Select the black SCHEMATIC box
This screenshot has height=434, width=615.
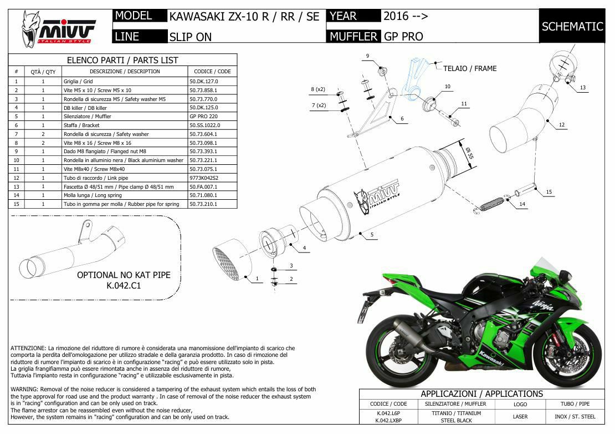(572, 26)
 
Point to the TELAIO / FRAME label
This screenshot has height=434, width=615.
(470, 69)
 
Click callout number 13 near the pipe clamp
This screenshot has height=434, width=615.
(582, 88)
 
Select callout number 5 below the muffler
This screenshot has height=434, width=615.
(372, 235)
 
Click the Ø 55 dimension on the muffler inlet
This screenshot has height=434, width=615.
(468, 152)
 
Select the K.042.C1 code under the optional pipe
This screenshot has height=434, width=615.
(124, 286)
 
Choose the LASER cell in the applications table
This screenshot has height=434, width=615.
(520, 417)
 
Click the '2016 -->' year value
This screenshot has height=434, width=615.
(406, 16)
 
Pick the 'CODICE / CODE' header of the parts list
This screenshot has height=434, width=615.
(212, 72)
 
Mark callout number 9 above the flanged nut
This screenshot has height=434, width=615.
(367, 55)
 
